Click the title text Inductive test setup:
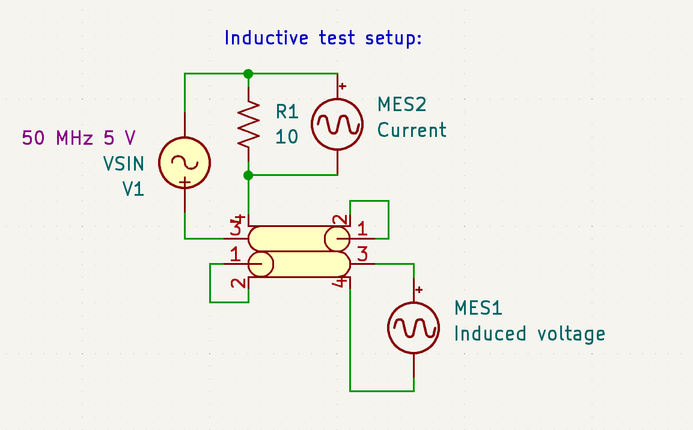pyautogui.click(x=323, y=38)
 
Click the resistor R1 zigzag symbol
pyautogui.click(x=248, y=124)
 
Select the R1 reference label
pyautogui.click(x=287, y=111)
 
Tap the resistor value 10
pyautogui.click(x=287, y=137)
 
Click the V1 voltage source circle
pyautogui.click(x=185, y=162)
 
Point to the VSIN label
pyautogui.click(x=123, y=163)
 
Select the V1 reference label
pyautogui.click(x=133, y=189)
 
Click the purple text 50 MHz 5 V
pyautogui.click(x=79, y=138)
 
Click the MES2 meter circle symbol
pyautogui.click(x=337, y=124)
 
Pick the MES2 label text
pyautogui.click(x=401, y=104)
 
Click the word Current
pyautogui.click(x=412, y=130)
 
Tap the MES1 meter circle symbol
pyautogui.click(x=414, y=328)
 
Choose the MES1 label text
pyautogui.click(x=478, y=308)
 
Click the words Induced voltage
pyautogui.click(x=529, y=334)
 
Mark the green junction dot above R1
pyautogui.click(x=248, y=74)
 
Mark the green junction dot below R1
pyautogui.click(x=248, y=175)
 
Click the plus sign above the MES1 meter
pyautogui.click(x=419, y=290)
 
